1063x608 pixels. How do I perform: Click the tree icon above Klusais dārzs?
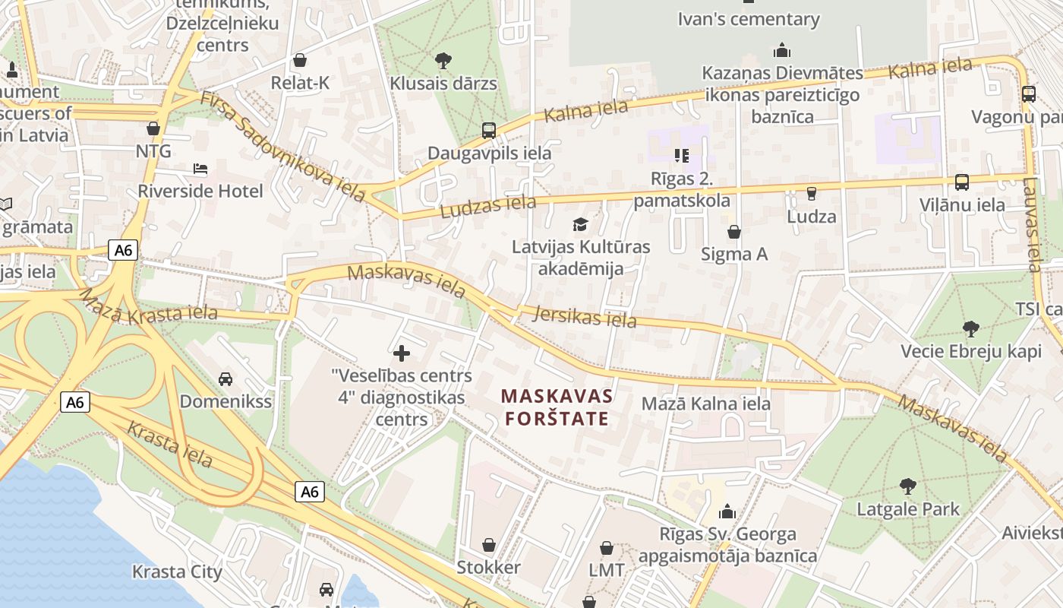tap(443, 60)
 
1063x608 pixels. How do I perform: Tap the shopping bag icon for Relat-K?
tap(300, 60)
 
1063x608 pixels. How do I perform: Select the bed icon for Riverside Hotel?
tap(200, 168)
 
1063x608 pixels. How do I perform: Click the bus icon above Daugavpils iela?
tap(489, 130)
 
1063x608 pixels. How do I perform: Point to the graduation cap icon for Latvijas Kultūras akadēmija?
tap(581, 224)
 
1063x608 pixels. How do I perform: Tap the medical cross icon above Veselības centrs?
tap(402, 353)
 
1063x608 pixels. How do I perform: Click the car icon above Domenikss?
tap(226, 378)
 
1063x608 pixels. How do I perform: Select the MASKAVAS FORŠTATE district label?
tap(557, 407)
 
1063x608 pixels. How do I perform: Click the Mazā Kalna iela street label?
tap(706, 404)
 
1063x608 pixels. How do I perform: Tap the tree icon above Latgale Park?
tap(907, 486)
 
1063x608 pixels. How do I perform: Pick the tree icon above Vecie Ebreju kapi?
tap(970, 329)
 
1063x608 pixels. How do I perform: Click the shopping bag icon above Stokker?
tap(489, 545)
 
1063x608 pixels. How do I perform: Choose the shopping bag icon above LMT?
tap(607, 547)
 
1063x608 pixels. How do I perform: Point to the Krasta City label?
tap(177, 572)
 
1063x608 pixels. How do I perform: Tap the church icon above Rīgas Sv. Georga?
tap(727, 511)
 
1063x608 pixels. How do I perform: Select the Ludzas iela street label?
tap(487, 206)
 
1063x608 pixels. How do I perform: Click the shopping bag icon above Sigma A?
tap(734, 231)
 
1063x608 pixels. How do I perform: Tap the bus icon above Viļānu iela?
tap(962, 182)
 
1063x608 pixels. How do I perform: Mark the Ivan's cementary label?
tap(749, 19)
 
